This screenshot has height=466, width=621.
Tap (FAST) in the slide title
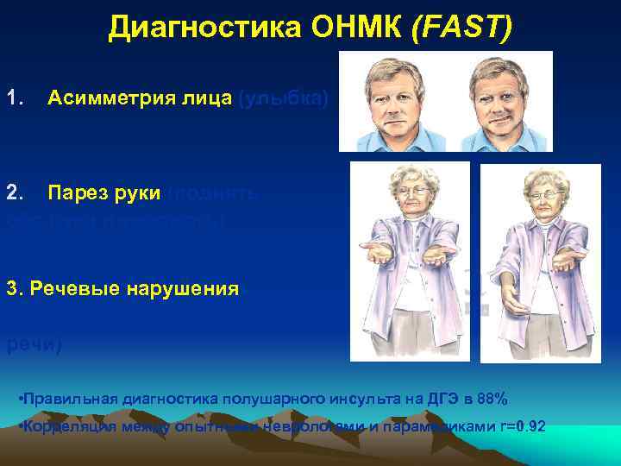pos(463,28)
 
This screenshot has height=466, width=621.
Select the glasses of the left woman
pos(413,192)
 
